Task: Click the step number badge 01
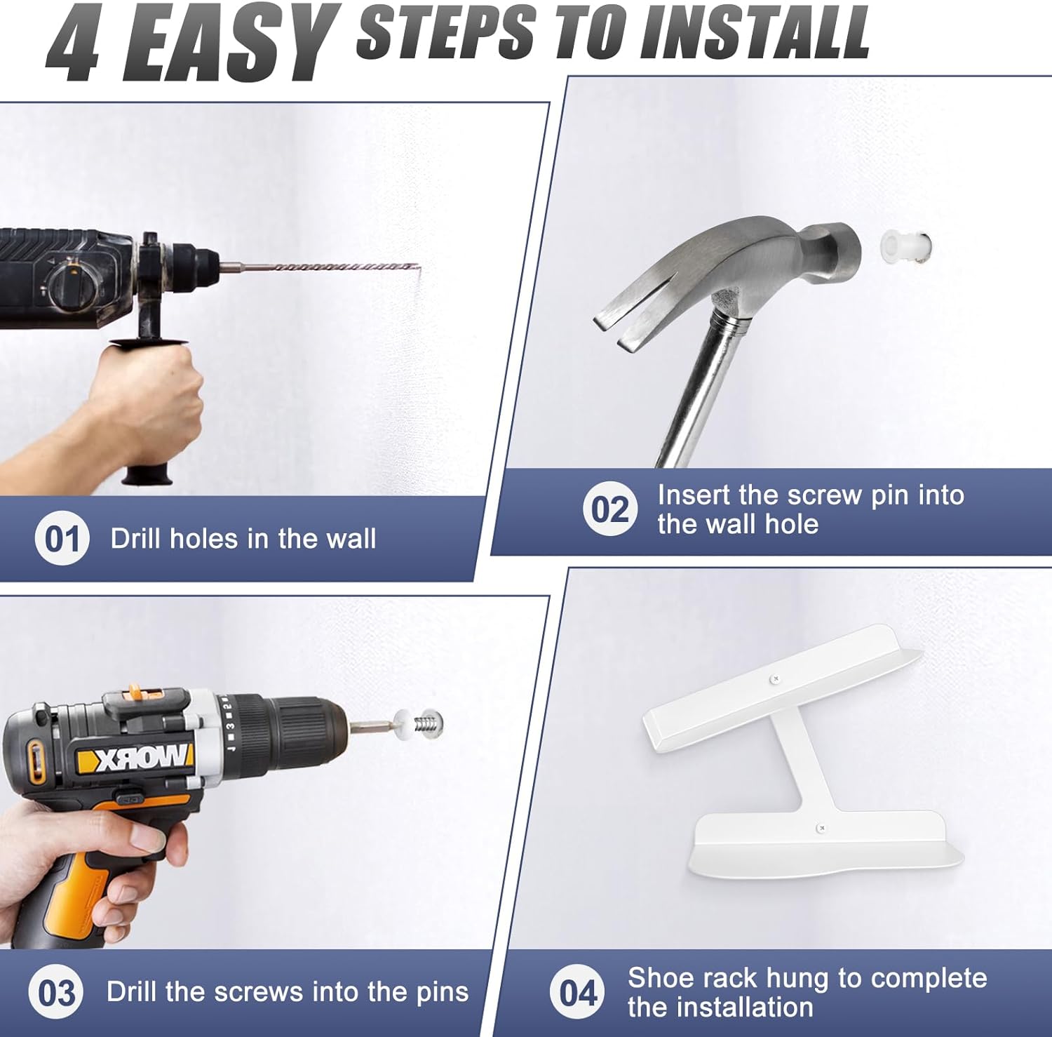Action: [62, 538]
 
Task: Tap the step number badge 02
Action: [610, 509]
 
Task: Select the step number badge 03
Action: [56, 992]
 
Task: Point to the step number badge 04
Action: [577, 992]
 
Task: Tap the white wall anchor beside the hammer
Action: [905, 245]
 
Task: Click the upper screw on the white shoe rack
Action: [775, 678]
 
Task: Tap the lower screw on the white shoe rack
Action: [821, 828]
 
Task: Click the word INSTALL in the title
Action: [755, 32]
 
